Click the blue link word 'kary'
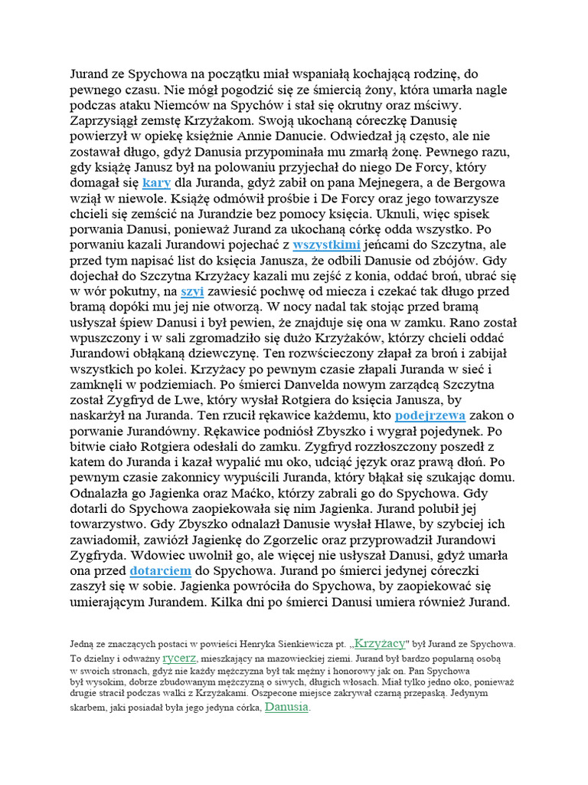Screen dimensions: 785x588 click(156, 182)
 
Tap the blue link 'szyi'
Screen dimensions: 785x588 click(191, 291)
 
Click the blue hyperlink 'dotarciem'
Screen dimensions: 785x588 click(162, 571)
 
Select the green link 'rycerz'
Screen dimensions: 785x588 click(180, 658)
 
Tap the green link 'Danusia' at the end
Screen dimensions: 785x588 click(287, 707)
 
